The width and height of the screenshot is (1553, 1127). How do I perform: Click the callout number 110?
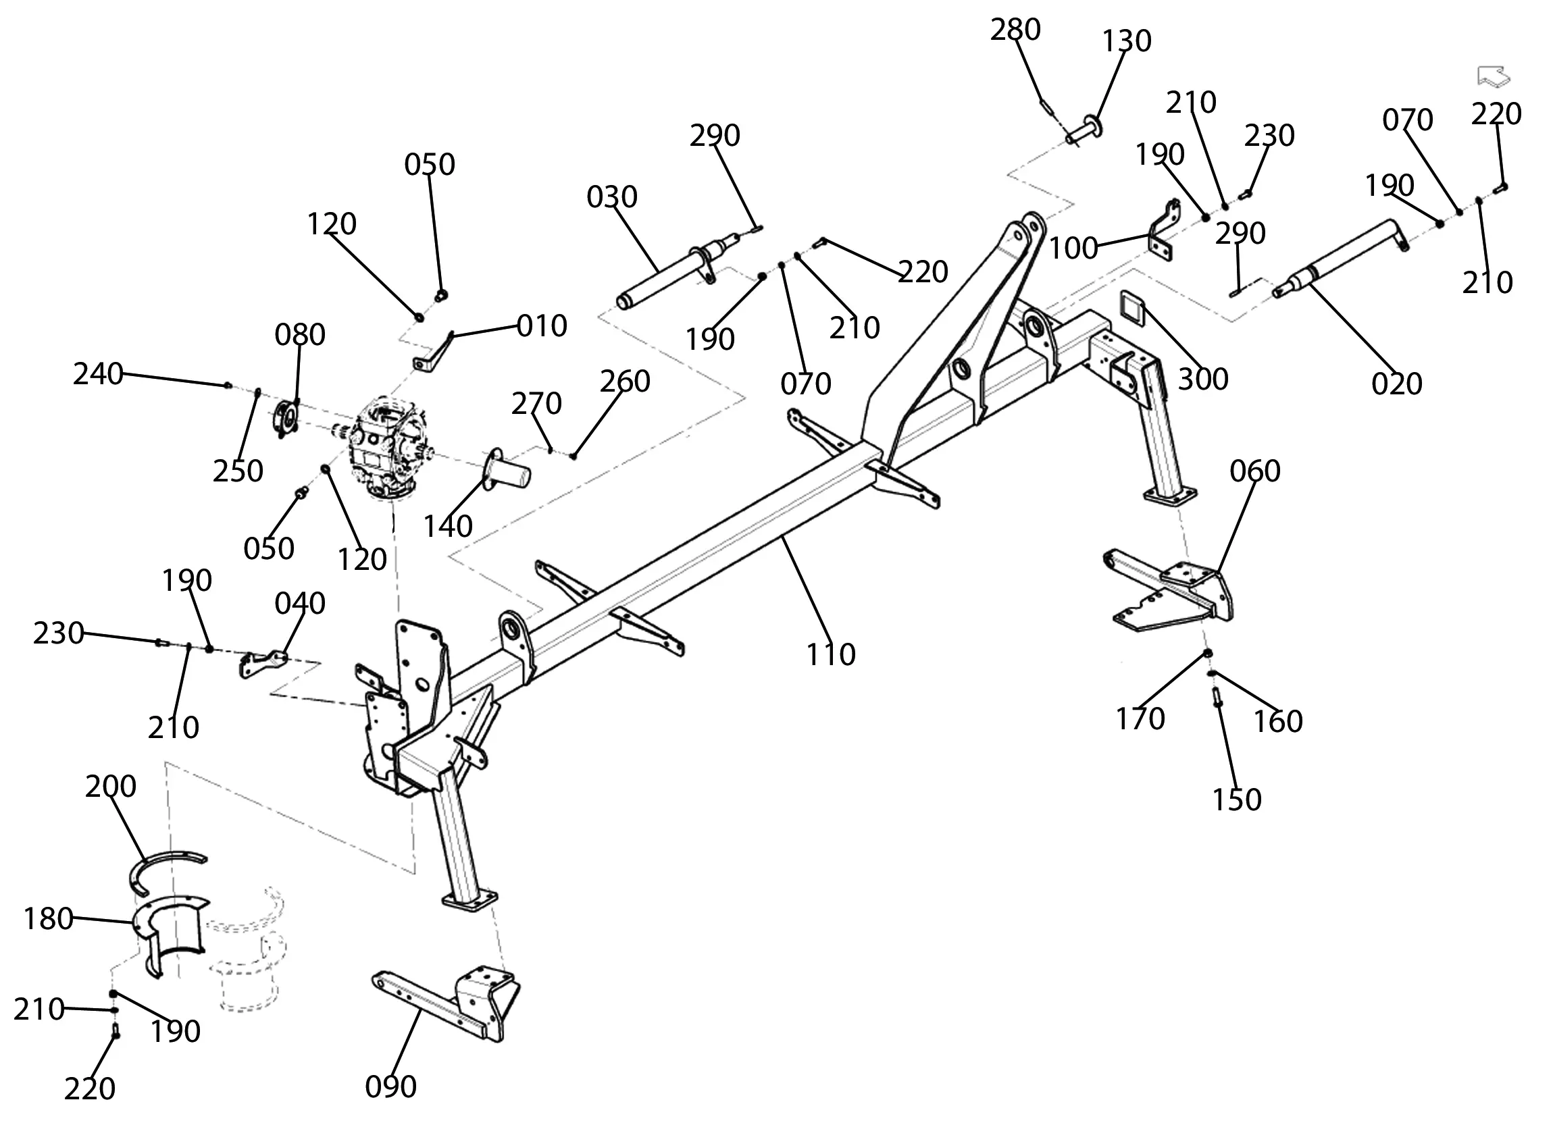[831, 655]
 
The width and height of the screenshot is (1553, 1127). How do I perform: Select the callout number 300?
[1203, 379]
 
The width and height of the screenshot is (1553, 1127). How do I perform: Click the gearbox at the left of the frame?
[385, 445]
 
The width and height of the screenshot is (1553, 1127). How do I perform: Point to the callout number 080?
[300, 335]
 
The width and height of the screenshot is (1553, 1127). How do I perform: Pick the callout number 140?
[448, 527]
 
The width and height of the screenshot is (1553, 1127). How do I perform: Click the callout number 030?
[611, 197]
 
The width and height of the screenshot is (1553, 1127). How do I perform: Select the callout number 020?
[1397, 384]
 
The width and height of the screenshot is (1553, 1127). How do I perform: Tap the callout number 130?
[1126, 42]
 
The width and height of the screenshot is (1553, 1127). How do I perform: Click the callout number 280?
[1015, 30]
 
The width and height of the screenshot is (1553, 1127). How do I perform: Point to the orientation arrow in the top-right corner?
[1494, 76]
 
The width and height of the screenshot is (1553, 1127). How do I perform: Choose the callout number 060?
[1255, 471]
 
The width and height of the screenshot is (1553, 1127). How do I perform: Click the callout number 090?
[390, 1086]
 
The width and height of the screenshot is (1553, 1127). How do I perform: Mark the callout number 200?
[111, 786]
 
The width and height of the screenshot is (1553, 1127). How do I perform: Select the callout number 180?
[48, 919]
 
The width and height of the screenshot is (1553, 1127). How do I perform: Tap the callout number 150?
[1237, 800]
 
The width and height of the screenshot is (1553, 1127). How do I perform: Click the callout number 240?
[98, 375]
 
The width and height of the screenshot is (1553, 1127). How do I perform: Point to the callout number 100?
[1073, 248]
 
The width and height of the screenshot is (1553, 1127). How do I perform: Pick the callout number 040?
[300, 603]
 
